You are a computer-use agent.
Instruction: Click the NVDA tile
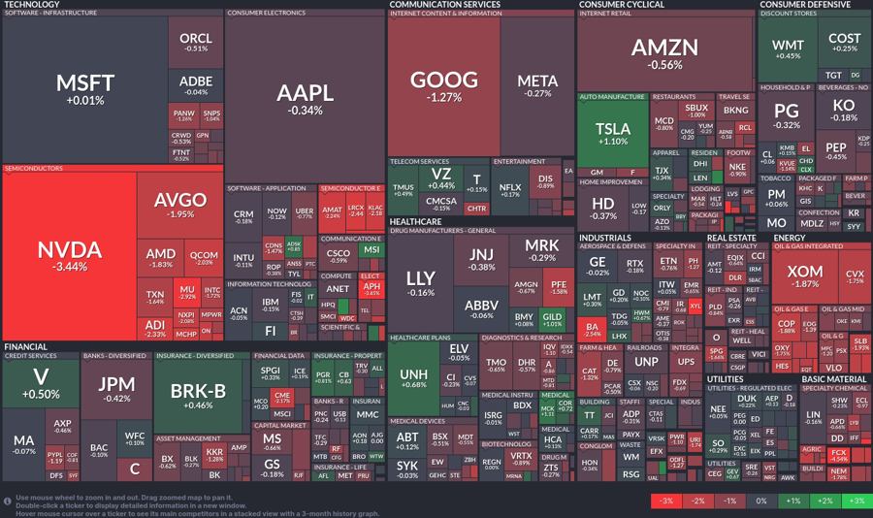tap(70, 256)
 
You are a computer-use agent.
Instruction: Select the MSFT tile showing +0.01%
tap(85, 89)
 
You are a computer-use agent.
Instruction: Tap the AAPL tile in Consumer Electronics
tap(305, 99)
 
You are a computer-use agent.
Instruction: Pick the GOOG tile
tap(444, 85)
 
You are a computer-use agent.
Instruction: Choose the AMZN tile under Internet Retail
tap(664, 53)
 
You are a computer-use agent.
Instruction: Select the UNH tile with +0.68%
tap(414, 379)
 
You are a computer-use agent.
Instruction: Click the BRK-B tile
tap(197, 396)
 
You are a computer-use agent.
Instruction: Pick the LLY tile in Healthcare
tap(421, 283)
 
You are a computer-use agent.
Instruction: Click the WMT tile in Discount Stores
tap(788, 50)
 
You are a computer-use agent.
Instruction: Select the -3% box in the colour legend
tap(665, 502)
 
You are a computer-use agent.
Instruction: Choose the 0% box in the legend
tap(760, 502)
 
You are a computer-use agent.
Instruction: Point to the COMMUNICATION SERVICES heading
tap(444, 5)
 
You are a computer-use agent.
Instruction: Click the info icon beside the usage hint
tap(8, 501)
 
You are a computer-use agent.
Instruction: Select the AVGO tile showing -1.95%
tap(180, 205)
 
